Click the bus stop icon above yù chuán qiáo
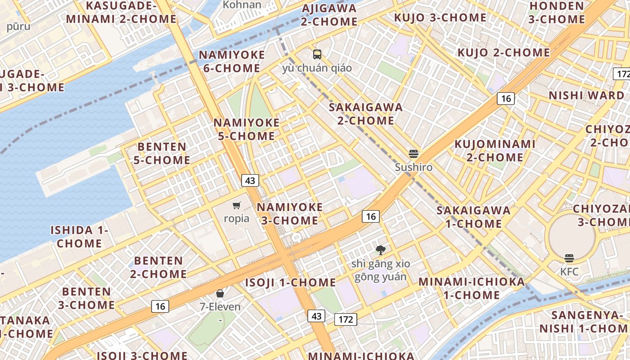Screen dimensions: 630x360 pyautogui.click(x=317, y=54)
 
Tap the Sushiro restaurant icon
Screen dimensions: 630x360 pyautogui.click(x=414, y=154)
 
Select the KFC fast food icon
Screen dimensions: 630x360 pyautogui.click(x=569, y=258)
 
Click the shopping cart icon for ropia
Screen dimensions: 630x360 pyautogui.click(x=237, y=206)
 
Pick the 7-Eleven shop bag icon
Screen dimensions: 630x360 pyautogui.click(x=220, y=294)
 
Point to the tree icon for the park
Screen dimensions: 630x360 pyautogui.click(x=381, y=250)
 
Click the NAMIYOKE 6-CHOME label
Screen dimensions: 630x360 pyautogui.click(x=232, y=62)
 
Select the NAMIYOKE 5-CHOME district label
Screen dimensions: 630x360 pyautogui.click(x=246, y=129)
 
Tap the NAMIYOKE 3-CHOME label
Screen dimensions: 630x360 pyautogui.click(x=289, y=214)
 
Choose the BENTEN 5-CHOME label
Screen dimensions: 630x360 pyautogui.click(x=162, y=153)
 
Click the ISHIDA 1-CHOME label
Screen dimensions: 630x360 pyautogui.click(x=79, y=237)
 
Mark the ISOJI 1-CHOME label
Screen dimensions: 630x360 pyautogui.click(x=290, y=283)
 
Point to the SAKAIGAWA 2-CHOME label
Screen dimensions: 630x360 pyautogui.click(x=365, y=114)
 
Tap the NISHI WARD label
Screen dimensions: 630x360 pyautogui.click(x=586, y=95)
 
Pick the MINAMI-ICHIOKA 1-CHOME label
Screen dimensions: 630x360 pyautogui.click(x=472, y=288)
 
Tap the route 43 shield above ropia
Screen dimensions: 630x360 pyautogui.click(x=250, y=180)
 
